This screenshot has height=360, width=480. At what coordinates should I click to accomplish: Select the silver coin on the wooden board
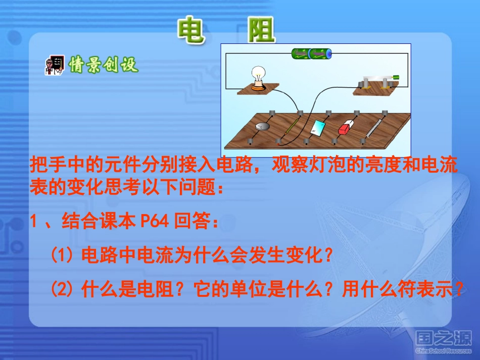tap(263, 127)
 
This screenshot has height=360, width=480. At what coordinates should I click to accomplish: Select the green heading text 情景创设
tap(104, 65)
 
